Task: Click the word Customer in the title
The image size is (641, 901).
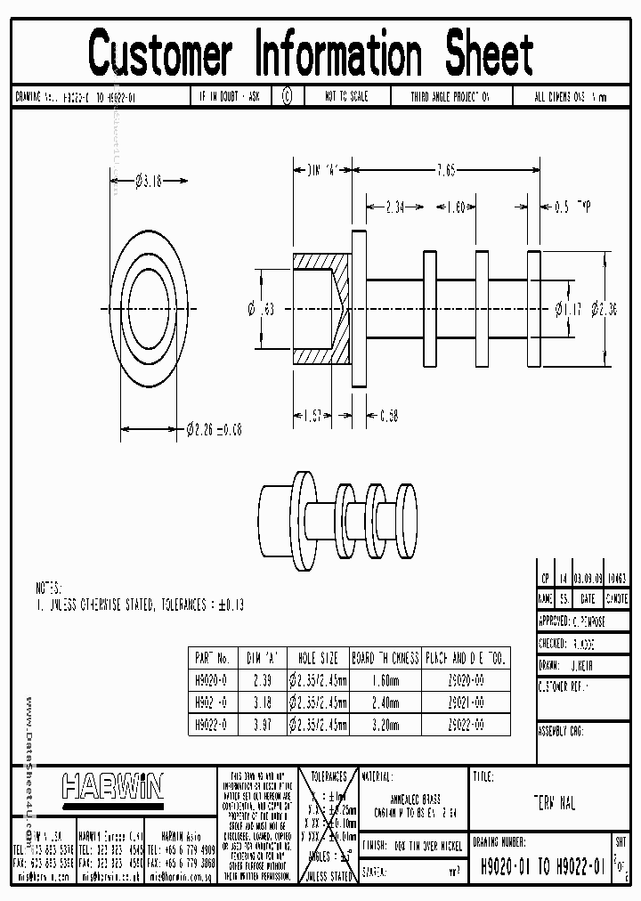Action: [161, 53]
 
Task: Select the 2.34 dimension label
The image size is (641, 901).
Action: [395, 207]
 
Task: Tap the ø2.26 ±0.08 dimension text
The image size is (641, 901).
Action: [215, 429]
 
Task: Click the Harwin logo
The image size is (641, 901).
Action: [112, 786]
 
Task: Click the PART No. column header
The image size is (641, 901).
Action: [212, 659]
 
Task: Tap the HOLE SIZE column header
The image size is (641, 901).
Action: [318, 659]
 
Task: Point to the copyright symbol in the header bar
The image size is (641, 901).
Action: [287, 96]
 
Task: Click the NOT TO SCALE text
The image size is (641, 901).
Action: [346, 96]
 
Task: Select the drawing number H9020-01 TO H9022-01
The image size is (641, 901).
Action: [542, 864]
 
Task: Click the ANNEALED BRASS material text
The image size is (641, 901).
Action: [415, 800]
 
